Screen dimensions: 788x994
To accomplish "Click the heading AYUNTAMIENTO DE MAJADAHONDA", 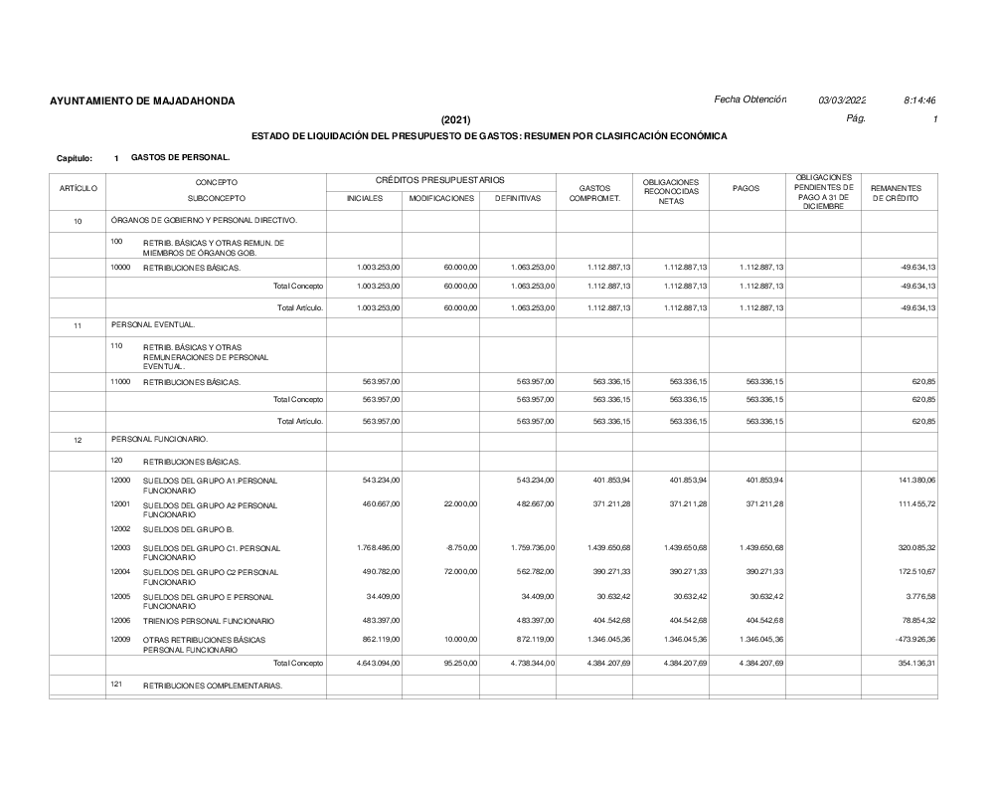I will [142, 101].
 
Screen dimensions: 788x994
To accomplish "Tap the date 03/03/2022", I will [842, 100].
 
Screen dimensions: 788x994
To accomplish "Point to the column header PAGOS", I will [746, 189].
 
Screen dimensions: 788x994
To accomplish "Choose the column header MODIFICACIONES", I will [441, 198].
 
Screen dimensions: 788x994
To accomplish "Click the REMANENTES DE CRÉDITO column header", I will [898, 193].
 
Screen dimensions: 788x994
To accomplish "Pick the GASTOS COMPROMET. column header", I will [593, 193].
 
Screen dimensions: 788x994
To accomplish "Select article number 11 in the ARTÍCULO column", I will [78, 325].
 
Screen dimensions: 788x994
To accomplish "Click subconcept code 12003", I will [120, 547].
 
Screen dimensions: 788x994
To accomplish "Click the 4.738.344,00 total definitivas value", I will [531, 663].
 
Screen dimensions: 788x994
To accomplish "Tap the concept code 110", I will [117, 345].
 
